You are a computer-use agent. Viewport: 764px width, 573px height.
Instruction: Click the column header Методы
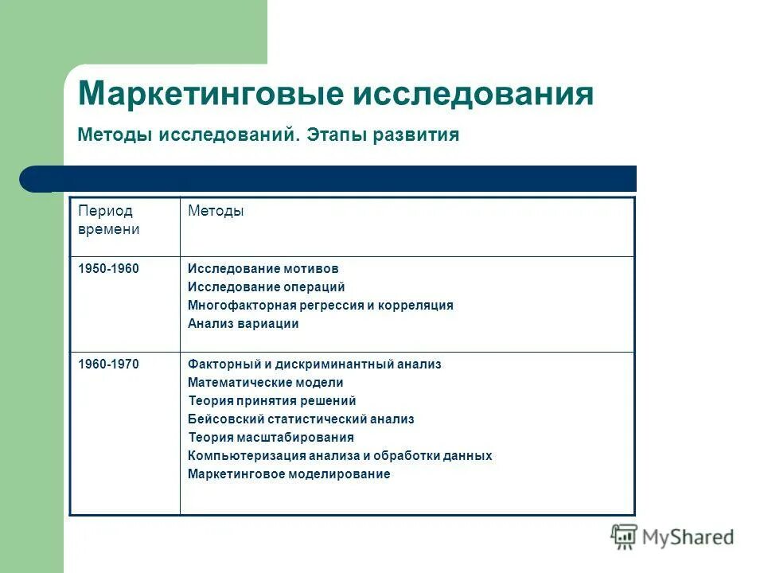[x=216, y=211]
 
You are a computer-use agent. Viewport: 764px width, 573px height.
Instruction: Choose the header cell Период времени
[x=108, y=220]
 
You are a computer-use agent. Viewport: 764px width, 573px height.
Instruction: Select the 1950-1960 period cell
[x=108, y=269]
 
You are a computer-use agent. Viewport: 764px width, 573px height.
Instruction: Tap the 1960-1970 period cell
[x=108, y=364]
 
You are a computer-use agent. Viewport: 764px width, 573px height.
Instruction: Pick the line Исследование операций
[x=267, y=287]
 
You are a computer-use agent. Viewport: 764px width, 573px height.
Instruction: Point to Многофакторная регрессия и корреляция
[x=321, y=306]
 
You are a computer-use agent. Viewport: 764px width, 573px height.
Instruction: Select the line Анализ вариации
[x=244, y=324]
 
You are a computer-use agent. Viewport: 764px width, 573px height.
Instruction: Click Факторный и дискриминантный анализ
[x=314, y=364]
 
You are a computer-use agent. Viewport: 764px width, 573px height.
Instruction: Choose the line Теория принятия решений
[x=272, y=401]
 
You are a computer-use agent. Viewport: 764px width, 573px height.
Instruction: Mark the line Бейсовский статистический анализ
[x=301, y=419]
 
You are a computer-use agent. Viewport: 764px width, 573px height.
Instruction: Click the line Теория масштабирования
[x=271, y=438]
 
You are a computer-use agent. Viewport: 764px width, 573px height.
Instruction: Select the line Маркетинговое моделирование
[x=289, y=474]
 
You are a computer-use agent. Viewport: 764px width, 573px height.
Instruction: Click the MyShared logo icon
[x=624, y=536]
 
